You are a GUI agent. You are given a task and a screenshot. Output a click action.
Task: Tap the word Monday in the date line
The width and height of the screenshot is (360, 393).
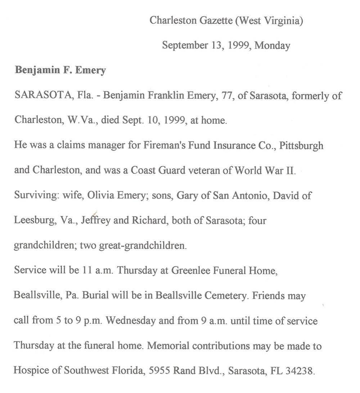[x=273, y=45]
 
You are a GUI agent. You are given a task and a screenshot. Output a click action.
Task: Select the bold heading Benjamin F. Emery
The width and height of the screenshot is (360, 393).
[x=60, y=70]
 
